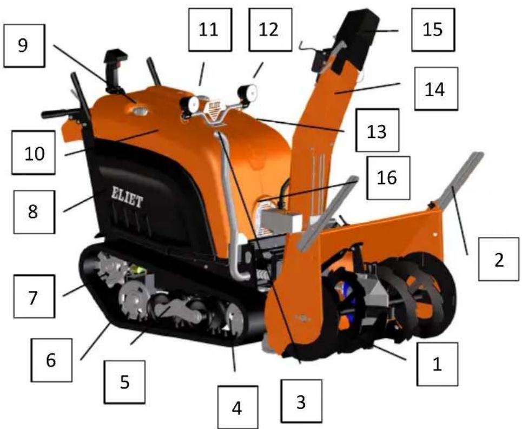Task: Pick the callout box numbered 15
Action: (x=432, y=29)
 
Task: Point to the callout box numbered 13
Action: (x=377, y=130)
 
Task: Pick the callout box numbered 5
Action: (x=125, y=382)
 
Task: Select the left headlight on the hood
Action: (x=190, y=103)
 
